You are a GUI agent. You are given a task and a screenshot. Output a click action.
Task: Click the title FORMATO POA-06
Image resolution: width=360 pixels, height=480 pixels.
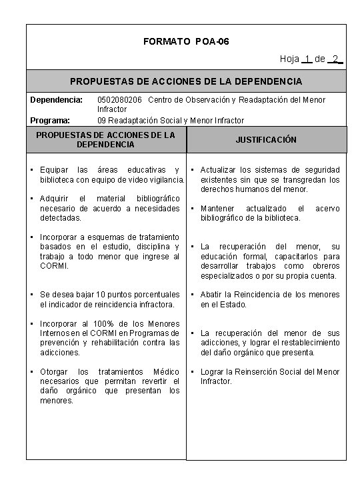pyautogui.click(x=186, y=41)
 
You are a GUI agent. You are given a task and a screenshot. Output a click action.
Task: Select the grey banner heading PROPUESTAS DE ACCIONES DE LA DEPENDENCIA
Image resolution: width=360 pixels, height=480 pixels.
pyautogui.click(x=186, y=81)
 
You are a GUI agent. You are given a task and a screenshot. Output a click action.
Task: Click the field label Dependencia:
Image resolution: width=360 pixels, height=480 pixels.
pyautogui.click(x=56, y=100)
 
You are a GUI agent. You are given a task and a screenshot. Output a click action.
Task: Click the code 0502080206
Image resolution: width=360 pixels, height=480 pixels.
pyautogui.click(x=120, y=100)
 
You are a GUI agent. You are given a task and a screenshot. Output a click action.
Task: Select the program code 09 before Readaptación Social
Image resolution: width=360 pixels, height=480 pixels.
pyautogui.click(x=102, y=121)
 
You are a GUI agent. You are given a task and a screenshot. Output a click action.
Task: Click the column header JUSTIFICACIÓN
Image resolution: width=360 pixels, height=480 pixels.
pyautogui.click(x=266, y=140)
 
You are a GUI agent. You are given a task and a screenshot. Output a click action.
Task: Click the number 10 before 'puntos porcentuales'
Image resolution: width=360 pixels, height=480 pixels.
pyautogui.click(x=99, y=295)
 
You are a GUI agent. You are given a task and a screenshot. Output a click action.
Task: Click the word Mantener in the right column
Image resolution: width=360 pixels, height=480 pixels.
pyautogui.click(x=219, y=209)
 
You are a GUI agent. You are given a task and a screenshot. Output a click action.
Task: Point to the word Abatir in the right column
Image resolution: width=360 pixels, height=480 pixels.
pyautogui.click(x=213, y=295)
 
